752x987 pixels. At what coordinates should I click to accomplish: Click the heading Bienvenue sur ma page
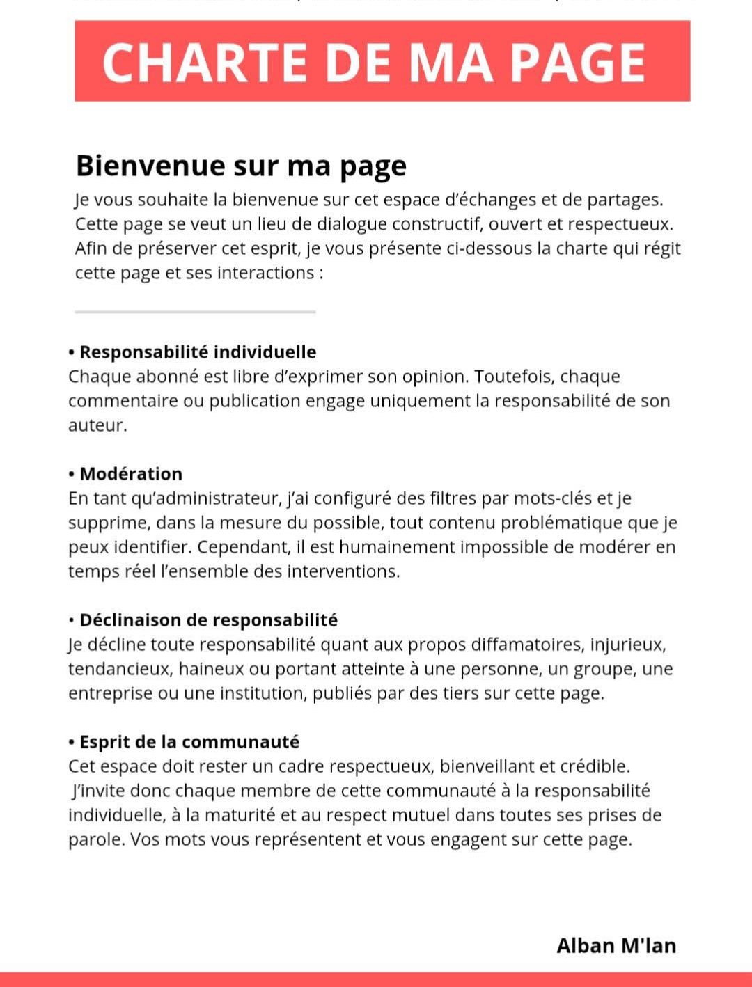241,166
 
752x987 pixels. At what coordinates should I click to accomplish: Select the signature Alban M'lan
616,945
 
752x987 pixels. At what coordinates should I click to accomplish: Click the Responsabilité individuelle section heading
198,352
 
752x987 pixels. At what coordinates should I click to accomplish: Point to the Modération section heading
131,474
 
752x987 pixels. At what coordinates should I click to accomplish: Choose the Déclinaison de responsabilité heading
208,620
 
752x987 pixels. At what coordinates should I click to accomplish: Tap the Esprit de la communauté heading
189,742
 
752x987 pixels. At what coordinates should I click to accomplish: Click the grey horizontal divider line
195,312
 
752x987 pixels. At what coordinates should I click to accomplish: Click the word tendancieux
118,669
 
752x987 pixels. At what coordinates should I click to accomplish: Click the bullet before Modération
72,475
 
